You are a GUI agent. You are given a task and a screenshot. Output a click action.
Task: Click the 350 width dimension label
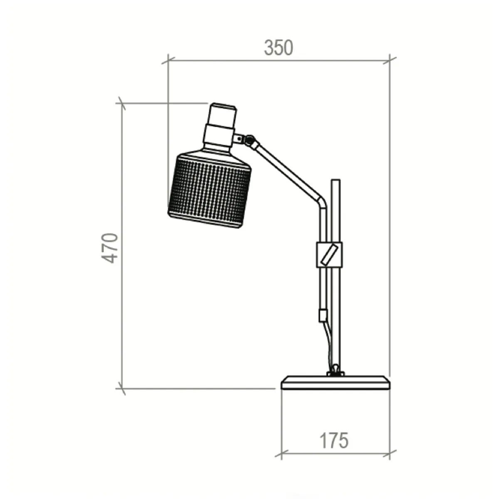[x=278, y=48]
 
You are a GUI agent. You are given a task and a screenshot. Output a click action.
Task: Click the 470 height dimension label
[x=111, y=248]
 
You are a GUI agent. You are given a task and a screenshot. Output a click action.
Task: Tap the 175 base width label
[x=334, y=441]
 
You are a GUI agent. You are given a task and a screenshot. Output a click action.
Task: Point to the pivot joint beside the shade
[x=249, y=140]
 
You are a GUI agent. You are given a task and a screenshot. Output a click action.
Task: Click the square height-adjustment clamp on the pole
[x=329, y=254]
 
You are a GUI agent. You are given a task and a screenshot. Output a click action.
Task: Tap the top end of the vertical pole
[x=335, y=182]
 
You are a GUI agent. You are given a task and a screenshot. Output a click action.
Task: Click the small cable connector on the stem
[x=323, y=315]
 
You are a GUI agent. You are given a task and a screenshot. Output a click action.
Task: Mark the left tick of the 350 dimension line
[x=168, y=61]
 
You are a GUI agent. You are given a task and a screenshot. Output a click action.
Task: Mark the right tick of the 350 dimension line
[x=390, y=61]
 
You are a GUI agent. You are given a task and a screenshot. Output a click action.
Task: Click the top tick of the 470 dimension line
[x=121, y=103]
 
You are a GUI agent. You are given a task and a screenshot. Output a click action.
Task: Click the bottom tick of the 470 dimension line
[x=121, y=389]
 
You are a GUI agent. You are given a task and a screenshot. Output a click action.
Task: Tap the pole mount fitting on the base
[x=335, y=371]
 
